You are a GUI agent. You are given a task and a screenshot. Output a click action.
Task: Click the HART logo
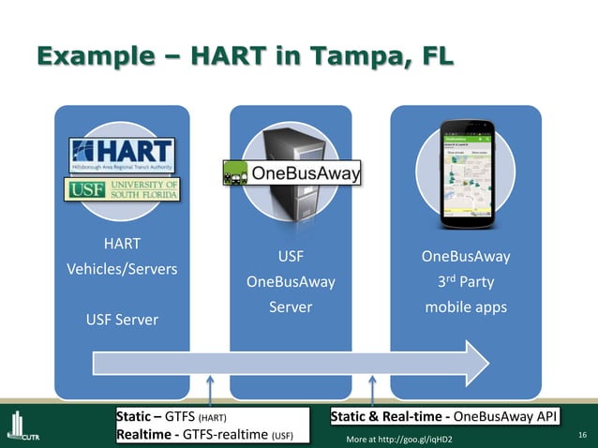pyautogui.click(x=123, y=155)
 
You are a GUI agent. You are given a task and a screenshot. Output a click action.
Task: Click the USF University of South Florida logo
pyautogui.click(x=123, y=190)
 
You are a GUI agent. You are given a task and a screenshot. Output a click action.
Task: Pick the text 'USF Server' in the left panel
pyautogui.click(x=122, y=321)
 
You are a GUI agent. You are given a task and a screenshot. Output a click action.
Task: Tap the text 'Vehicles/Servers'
pyautogui.click(x=122, y=268)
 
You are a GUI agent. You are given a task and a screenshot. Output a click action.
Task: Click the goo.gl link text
pyautogui.click(x=399, y=439)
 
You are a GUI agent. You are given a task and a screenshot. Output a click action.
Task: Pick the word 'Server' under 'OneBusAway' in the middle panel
pyautogui.click(x=291, y=306)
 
